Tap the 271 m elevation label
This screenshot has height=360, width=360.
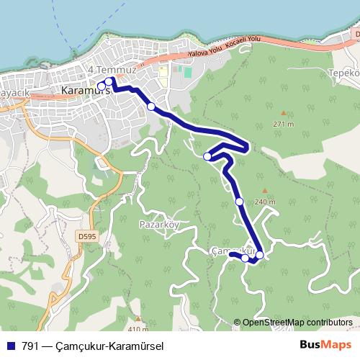[x=284, y=124]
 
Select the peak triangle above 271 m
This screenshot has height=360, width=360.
[x=284, y=112]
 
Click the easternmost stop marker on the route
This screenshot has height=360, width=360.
[x=259, y=255]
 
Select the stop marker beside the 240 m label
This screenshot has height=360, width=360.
[x=239, y=202]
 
